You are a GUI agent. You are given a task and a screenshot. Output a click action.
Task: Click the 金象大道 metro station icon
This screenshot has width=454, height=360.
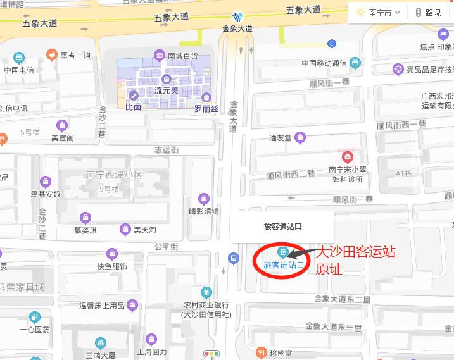coord(237,17)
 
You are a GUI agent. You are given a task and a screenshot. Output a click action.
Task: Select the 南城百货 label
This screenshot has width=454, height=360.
coord(182,56)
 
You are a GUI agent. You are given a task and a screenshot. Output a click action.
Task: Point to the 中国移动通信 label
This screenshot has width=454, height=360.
coord(324,63)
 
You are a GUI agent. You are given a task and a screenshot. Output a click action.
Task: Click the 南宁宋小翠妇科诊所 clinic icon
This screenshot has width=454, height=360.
coord(347,157)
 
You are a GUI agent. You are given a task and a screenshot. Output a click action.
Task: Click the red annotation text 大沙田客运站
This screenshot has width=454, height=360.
coord(356,252)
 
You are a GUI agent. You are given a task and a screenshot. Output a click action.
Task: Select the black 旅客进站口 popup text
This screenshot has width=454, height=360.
coord(282,226)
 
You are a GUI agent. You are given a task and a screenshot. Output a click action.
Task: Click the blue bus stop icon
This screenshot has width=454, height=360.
coord(234,258)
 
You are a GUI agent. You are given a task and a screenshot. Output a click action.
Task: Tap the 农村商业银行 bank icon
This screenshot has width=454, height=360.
coord(206,292)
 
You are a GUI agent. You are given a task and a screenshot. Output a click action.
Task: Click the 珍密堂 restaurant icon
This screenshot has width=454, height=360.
coord(260,352)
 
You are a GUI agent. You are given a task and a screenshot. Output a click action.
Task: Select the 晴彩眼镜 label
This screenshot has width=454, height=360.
coord(204,211)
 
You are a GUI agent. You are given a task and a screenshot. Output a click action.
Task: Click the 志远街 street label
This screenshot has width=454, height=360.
coord(167,150)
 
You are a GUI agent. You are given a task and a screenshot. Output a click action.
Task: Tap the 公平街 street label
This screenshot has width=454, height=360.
coord(167,245)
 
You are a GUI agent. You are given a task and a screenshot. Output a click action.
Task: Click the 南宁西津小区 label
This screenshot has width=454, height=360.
coord(115,174)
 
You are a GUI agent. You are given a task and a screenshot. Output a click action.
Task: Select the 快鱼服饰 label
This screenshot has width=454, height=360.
coord(112,266)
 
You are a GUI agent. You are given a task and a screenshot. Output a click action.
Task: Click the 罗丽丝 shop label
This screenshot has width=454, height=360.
coord(206,109)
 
